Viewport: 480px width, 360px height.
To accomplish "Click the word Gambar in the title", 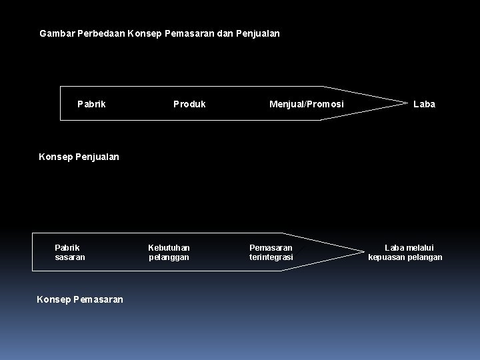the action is (x=57, y=32).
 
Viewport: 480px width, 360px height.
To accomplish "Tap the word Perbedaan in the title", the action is (x=101, y=32).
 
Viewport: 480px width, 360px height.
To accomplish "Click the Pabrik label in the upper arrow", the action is (x=91, y=104).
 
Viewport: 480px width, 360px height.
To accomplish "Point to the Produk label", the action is (x=189, y=104).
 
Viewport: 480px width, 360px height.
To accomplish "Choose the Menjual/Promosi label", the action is (x=306, y=104).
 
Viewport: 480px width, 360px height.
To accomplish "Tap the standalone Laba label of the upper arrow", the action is (x=424, y=104).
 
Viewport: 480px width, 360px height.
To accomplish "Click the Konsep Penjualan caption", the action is (x=79, y=157).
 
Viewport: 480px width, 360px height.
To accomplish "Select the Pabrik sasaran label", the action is (x=70, y=252).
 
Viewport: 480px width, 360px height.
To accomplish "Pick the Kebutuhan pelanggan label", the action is (x=169, y=252).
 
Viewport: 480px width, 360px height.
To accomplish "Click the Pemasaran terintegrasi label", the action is (x=271, y=252).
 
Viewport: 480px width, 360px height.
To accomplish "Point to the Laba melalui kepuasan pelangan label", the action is (x=405, y=252).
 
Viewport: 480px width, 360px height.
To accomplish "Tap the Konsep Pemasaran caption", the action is (x=80, y=299).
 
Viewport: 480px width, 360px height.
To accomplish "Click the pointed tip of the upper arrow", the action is (x=407, y=103).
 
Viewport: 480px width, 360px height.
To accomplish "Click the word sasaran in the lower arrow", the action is (x=70, y=257).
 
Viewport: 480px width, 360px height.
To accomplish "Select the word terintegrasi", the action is (x=271, y=257).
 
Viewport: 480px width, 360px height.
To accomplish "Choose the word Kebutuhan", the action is (x=169, y=247).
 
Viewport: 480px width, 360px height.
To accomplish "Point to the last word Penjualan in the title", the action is (x=258, y=32).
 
